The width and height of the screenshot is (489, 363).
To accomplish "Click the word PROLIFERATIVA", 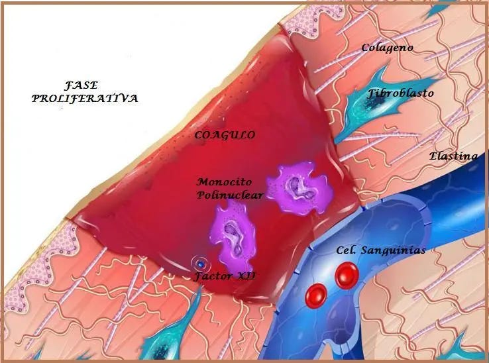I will tap(85, 98).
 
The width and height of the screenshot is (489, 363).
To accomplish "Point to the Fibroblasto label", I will tap(401, 93).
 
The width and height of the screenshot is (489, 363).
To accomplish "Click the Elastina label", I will tap(453, 156).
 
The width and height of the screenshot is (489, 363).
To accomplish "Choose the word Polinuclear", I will tap(229, 195).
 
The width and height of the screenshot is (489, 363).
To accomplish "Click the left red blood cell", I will tap(316, 293).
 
